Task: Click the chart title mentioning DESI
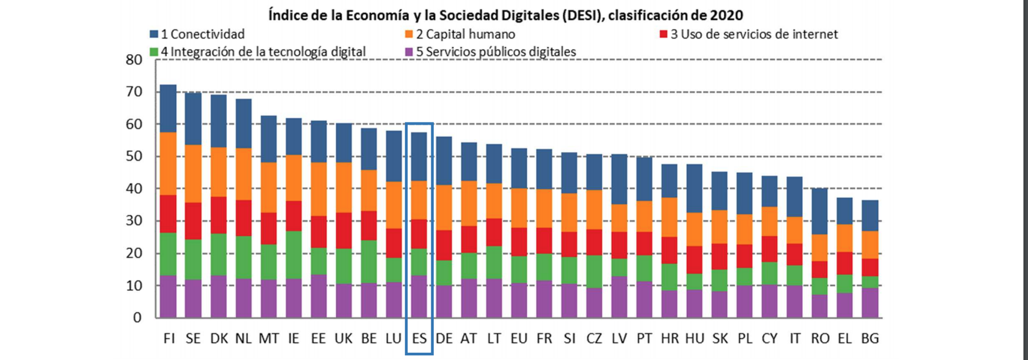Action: coord(506,14)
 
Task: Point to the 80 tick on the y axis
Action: coord(133,60)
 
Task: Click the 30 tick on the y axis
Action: coord(133,221)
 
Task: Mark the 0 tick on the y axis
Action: coord(137,318)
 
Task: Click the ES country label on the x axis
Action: coord(419,338)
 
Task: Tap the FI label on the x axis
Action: coord(169,338)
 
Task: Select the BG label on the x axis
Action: coord(869,338)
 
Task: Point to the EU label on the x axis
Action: coord(519,338)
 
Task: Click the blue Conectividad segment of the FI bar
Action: coord(168,108)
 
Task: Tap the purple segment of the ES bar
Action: coord(419,297)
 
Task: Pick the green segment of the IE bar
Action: coord(294,255)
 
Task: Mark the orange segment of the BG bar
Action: coord(869,245)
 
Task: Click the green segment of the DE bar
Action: coord(444,273)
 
